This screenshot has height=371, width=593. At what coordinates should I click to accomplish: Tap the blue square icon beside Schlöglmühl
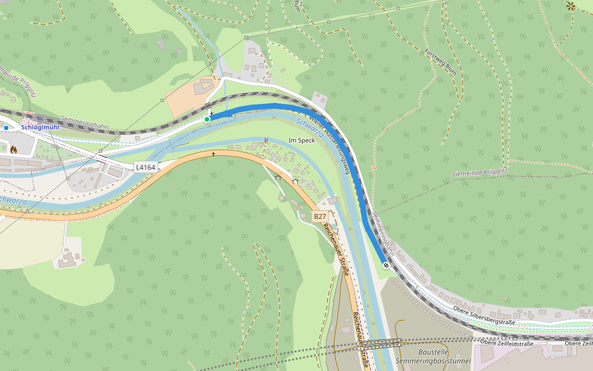point(6,128)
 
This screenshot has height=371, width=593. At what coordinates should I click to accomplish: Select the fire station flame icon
point(13,148)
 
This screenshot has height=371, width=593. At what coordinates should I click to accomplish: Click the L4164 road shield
point(146,167)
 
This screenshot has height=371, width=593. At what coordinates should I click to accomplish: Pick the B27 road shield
point(319,216)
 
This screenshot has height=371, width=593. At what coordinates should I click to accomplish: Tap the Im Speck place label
point(302,140)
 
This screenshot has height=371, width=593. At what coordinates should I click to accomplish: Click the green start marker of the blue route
point(207,119)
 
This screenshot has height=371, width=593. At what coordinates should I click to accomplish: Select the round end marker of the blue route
point(386,265)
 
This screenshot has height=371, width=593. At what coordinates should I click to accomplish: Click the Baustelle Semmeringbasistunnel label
point(442,356)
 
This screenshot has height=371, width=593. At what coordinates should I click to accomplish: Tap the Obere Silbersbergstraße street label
point(484,315)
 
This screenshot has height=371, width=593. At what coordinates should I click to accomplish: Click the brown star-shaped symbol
point(570,6)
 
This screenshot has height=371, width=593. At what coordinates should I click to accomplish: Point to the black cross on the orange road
point(214,153)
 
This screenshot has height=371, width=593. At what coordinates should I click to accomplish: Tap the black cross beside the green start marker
point(211,113)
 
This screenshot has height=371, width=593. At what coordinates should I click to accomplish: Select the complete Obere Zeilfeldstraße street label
point(507,343)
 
